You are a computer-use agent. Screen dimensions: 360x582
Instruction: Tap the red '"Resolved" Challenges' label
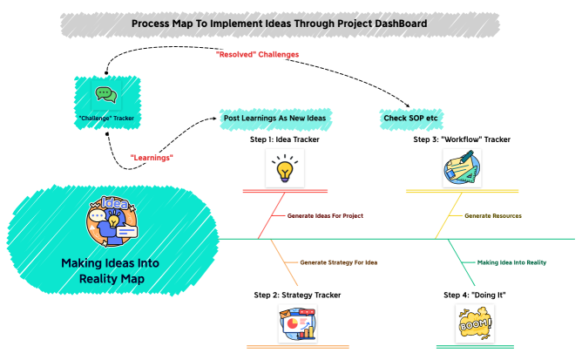[257, 54]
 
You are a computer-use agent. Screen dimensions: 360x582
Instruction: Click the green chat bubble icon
[105, 94]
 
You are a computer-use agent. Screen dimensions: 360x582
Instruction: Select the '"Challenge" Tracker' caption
[105, 117]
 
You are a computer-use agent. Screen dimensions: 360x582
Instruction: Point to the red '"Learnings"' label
[152, 157]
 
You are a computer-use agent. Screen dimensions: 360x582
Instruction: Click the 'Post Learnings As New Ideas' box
[276, 118]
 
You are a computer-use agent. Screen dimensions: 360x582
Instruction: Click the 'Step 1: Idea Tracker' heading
[284, 139]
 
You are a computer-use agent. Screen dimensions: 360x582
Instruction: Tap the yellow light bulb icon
[284, 168]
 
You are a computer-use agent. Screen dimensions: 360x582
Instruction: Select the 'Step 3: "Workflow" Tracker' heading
[462, 139]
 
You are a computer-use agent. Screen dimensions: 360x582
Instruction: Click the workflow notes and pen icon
[462, 167]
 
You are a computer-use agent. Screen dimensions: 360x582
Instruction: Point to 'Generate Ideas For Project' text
[325, 214]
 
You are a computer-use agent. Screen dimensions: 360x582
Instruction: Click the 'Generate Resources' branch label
[494, 214]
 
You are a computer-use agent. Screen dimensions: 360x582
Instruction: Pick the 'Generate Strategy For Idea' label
[339, 262]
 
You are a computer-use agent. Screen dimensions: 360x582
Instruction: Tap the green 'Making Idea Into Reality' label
[511, 262]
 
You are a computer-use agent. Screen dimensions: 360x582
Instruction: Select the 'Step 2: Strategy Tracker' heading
[297, 295]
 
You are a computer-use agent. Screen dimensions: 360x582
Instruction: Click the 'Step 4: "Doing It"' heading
[475, 295]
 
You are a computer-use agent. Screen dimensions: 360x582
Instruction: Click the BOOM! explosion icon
[475, 327]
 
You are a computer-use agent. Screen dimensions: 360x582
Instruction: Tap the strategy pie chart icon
[296, 329]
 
